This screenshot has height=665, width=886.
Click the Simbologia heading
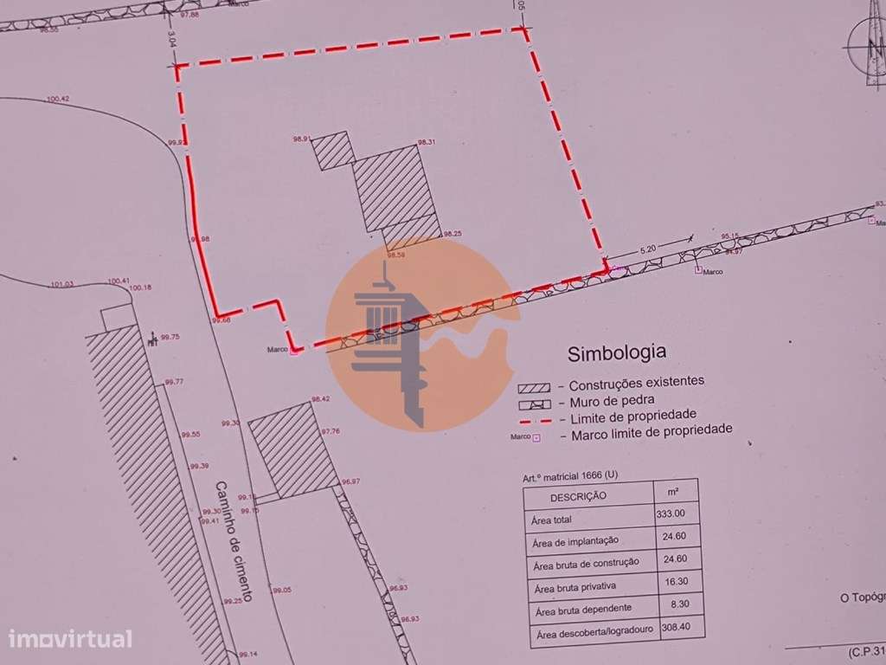[x=616, y=352]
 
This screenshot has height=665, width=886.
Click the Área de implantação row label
[x=577, y=541]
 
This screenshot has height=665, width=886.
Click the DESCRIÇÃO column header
[x=577, y=496]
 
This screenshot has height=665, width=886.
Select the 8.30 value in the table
[x=677, y=605]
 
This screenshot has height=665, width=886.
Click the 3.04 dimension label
[x=172, y=39]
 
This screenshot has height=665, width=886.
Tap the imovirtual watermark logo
[x=69, y=640]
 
